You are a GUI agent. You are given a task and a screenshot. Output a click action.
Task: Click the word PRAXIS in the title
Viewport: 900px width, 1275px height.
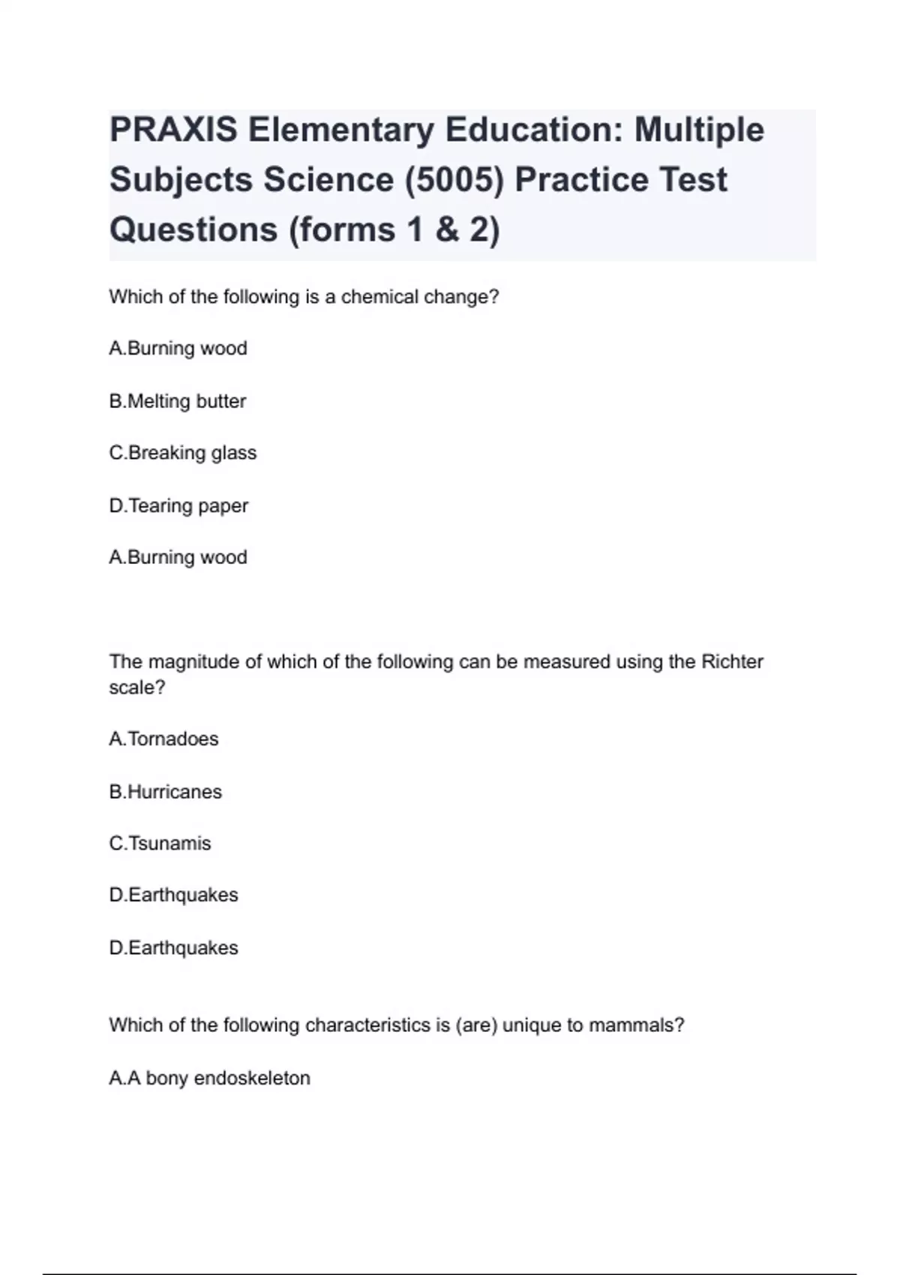point(173,130)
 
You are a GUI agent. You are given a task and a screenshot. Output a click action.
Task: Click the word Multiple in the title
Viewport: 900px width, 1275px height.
point(699,130)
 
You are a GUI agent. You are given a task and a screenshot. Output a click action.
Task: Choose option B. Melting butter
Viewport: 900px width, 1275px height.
point(178,401)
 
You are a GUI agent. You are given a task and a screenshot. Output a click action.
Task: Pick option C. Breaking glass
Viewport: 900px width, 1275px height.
point(183,453)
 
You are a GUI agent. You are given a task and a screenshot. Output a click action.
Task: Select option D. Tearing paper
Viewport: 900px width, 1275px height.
point(178,505)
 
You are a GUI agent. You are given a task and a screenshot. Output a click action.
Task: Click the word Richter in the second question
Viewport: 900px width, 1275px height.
point(732,661)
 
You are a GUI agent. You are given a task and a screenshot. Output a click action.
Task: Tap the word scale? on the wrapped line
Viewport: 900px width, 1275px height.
point(136,687)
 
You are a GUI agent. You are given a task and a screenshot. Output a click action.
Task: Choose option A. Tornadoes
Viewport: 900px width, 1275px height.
point(163,739)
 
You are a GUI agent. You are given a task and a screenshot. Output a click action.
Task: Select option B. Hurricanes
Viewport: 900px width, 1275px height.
point(165,791)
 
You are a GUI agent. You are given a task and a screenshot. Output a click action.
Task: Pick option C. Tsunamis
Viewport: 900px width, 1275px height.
point(160,843)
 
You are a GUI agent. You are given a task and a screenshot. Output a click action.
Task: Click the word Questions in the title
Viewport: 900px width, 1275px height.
point(193,229)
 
